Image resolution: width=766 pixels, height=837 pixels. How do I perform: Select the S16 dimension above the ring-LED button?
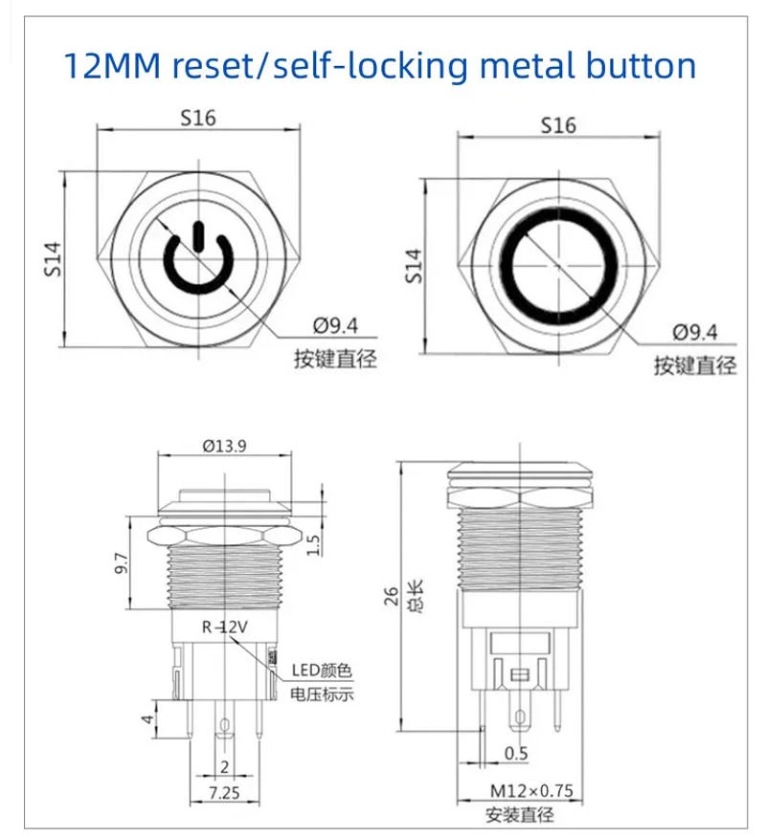click(x=558, y=125)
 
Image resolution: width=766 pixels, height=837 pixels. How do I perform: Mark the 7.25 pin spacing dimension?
click(x=224, y=794)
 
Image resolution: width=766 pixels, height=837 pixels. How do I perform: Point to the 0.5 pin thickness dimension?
click(x=515, y=754)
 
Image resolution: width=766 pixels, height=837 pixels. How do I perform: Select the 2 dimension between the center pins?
click(x=224, y=767)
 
